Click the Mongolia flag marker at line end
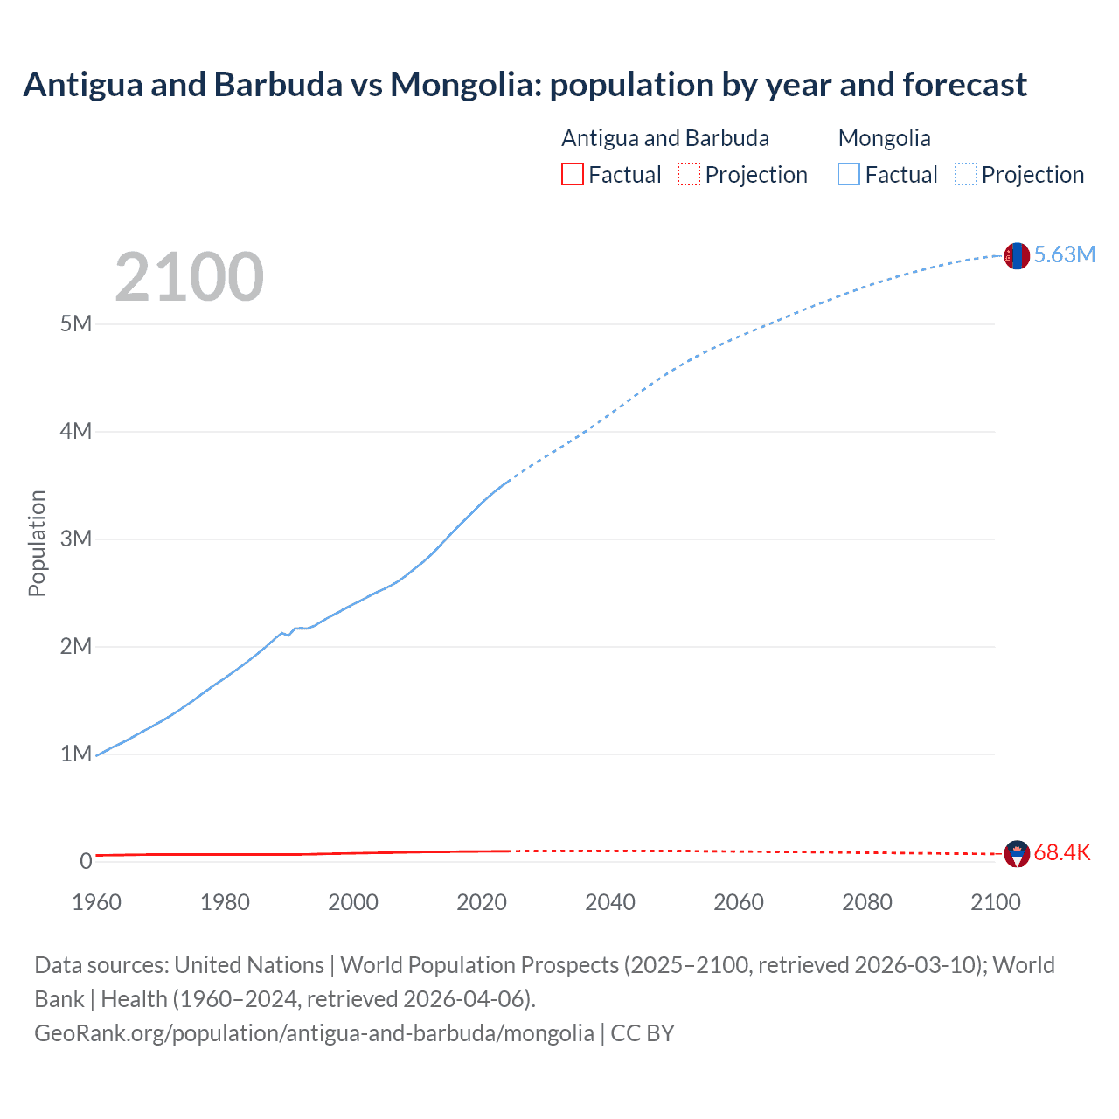click(1016, 256)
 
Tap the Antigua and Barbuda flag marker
click(1017, 853)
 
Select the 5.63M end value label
click(1064, 254)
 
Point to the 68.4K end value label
click(1061, 853)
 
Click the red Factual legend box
click(572, 174)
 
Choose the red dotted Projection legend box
click(689, 174)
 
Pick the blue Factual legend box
click(849, 174)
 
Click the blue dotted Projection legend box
click(966, 174)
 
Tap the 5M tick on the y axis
click(76, 324)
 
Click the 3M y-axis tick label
click(76, 539)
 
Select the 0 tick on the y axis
click(86, 861)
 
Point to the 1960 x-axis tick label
click(96, 902)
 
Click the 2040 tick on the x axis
click(610, 902)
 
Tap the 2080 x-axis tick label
click(867, 902)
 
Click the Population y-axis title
click(37, 543)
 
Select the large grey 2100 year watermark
click(189, 277)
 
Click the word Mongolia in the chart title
click(464, 85)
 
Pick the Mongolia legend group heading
click(884, 138)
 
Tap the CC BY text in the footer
click(643, 1033)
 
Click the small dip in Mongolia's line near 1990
click(288, 635)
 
